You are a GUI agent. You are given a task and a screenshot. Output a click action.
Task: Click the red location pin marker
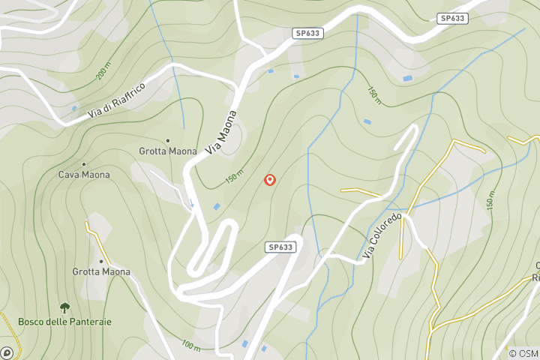[x=271, y=180]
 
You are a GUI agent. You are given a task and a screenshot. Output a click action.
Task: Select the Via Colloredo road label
[x=383, y=235]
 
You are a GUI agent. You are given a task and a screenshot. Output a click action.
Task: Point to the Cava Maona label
[x=84, y=175]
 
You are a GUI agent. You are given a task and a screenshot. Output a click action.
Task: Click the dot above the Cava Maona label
[x=83, y=164]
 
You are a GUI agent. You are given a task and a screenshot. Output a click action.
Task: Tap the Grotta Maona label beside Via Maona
[x=168, y=151]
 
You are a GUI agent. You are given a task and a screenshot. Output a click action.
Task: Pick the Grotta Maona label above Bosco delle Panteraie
[x=101, y=271]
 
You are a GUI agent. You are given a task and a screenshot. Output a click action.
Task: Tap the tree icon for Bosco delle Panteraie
[x=64, y=307]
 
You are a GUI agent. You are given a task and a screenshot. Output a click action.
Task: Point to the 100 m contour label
[x=190, y=346]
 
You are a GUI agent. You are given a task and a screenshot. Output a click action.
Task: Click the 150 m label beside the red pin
[x=234, y=178]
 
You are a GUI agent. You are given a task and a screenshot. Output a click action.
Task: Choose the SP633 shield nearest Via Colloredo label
[x=280, y=247]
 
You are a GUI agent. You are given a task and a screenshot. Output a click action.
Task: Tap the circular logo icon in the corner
[x=7, y=352]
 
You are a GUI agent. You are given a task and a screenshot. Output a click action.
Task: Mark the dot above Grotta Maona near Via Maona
[x=168, y=140]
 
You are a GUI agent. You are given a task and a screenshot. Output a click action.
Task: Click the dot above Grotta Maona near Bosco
[x=101, y=261]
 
